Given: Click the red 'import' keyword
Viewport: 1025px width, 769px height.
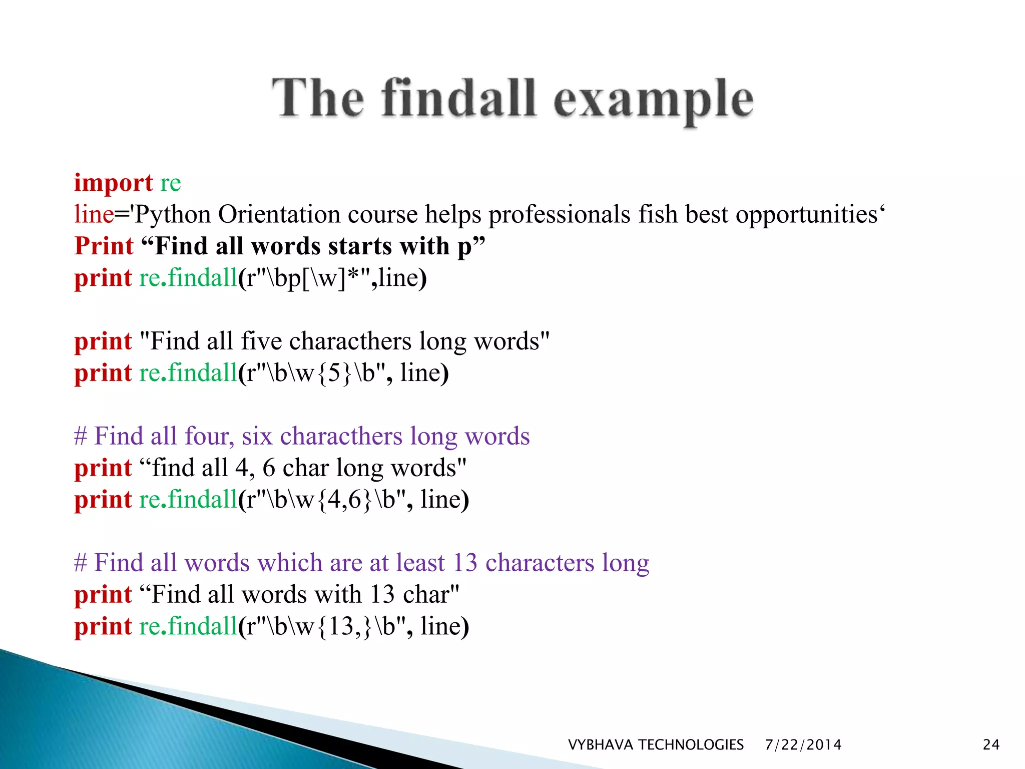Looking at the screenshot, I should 113,183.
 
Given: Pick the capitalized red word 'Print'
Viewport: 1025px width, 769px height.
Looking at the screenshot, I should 104,246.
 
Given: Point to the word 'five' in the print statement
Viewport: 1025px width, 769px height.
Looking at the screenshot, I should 261,341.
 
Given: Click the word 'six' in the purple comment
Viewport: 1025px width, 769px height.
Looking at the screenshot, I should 257,437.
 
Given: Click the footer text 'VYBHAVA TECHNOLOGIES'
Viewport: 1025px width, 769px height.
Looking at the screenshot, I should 656,745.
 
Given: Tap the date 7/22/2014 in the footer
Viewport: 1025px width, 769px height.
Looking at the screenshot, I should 803,745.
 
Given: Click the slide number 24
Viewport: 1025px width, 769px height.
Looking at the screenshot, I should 991,745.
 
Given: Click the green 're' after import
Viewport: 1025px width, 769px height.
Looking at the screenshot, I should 170,183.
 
